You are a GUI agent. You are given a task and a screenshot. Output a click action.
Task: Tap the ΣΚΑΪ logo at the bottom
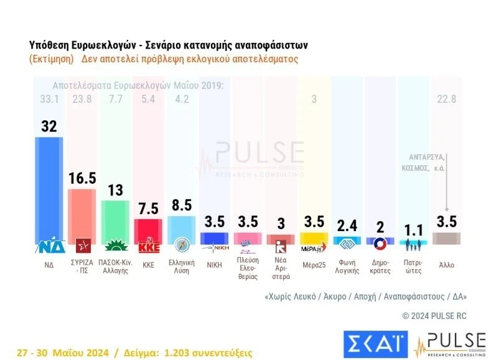[374, 342]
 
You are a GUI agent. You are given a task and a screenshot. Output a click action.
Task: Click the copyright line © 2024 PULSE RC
[434, 316]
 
